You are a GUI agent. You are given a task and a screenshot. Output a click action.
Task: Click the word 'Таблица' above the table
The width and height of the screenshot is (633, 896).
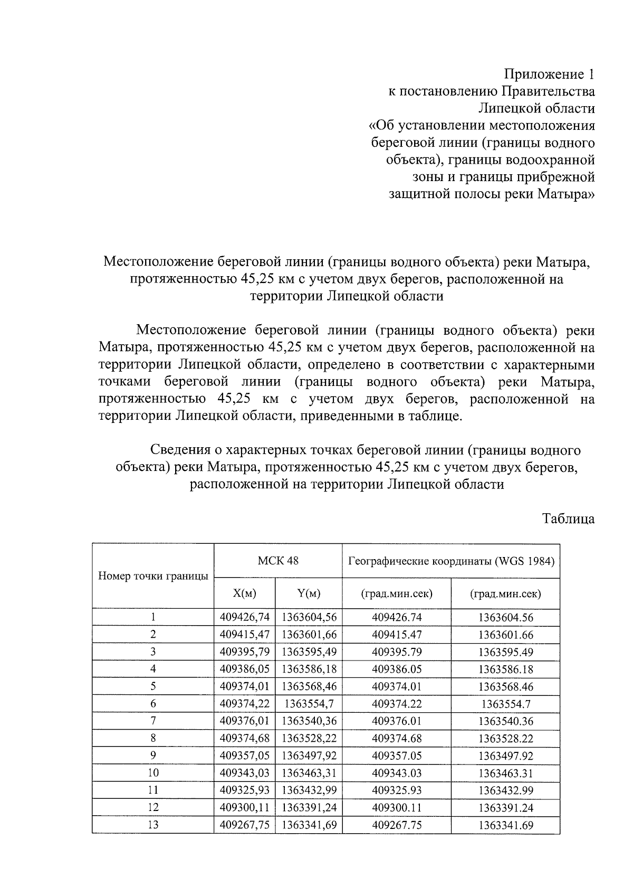(x=568, y=518)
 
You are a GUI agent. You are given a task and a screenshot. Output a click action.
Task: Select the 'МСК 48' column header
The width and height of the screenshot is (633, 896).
(x=277, y=561)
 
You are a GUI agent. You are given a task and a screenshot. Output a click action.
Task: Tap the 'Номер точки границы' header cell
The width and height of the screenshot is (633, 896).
(x=153, y=576)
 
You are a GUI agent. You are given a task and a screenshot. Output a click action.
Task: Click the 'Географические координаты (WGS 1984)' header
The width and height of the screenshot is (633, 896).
(x=451, y=561)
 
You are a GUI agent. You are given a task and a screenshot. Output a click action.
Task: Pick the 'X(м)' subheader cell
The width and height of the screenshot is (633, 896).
(x=244, y=593)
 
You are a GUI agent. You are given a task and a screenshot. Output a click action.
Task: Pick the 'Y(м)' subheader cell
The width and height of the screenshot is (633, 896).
(x=309, y=593)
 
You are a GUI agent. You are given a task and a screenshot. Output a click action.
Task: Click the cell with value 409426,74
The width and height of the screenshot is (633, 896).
(x=244, y=617)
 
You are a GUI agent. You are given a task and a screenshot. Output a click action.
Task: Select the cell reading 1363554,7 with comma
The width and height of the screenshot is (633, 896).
(x=309, y=703)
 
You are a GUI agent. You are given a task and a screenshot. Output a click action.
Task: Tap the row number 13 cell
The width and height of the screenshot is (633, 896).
(x=153, y=825)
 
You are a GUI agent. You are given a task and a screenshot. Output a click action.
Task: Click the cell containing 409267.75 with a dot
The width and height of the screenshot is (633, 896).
(x=397, y=825)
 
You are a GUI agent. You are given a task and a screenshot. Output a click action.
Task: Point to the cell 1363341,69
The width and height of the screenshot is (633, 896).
(x=309, y=825)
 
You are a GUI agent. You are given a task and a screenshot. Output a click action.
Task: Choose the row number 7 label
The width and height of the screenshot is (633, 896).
(x=153, y=721)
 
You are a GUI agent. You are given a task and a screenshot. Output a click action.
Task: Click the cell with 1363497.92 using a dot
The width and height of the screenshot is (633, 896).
(x=505, y=756)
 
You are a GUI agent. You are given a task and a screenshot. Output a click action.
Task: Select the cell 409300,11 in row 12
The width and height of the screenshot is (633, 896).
(x=244, y=807)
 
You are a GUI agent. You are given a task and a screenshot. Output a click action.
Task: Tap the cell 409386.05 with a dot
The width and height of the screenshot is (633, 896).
(x=397, y=669)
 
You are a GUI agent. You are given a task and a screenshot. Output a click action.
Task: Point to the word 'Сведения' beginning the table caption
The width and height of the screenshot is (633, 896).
(x=181, y=450)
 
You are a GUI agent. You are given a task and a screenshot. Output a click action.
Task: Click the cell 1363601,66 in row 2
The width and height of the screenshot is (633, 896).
(x=309, y=635)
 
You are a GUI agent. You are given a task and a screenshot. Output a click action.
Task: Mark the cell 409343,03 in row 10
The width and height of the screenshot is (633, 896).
(x=244, y=773)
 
